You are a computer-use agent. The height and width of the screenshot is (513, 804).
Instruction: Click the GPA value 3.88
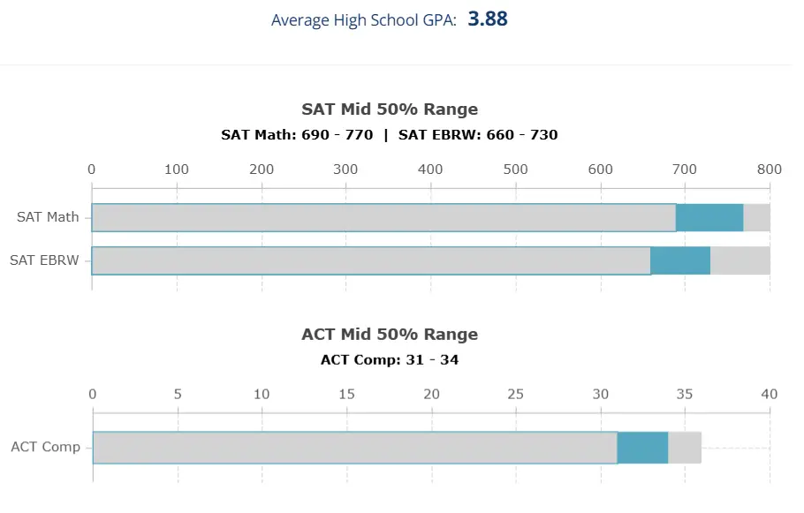pos(488,19)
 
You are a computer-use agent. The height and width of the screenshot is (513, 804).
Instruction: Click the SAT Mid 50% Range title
pos(390,109)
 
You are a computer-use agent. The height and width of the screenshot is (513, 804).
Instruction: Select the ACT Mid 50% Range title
pos(390,335)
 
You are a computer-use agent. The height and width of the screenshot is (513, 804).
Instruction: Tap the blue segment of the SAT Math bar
pos(709,217)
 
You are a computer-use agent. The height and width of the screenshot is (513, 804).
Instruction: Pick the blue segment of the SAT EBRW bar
pos(680,260)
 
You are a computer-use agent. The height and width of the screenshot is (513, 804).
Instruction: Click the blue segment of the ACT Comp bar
pos(642,447)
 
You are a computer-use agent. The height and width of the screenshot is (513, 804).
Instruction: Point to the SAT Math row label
pos(48,217)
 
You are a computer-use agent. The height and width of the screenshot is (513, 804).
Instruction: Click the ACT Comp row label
pos(45,447)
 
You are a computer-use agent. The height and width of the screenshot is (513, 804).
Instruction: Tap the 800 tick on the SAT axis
pos(769,170)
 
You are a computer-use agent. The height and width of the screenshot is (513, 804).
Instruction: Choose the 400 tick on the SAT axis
pos(430,170)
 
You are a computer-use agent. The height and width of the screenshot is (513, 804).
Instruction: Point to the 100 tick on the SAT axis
pos(177,170)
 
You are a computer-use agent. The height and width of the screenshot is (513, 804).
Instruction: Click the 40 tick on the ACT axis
pos(769,395)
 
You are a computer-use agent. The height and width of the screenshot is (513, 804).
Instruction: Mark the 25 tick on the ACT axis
pos(515,395)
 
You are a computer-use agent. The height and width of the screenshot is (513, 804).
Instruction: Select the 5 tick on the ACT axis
pos(178,395)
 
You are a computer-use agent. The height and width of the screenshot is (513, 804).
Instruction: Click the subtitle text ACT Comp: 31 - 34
pos(390,360)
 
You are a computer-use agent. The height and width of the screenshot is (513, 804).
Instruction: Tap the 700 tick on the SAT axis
pos(685,170)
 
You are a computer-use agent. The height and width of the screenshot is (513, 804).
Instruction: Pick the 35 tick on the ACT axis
pos(685,395)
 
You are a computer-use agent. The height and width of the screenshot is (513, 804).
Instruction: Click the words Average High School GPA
pos(363,20)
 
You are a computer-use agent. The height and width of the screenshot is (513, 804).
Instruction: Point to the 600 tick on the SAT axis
pos(600,170)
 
